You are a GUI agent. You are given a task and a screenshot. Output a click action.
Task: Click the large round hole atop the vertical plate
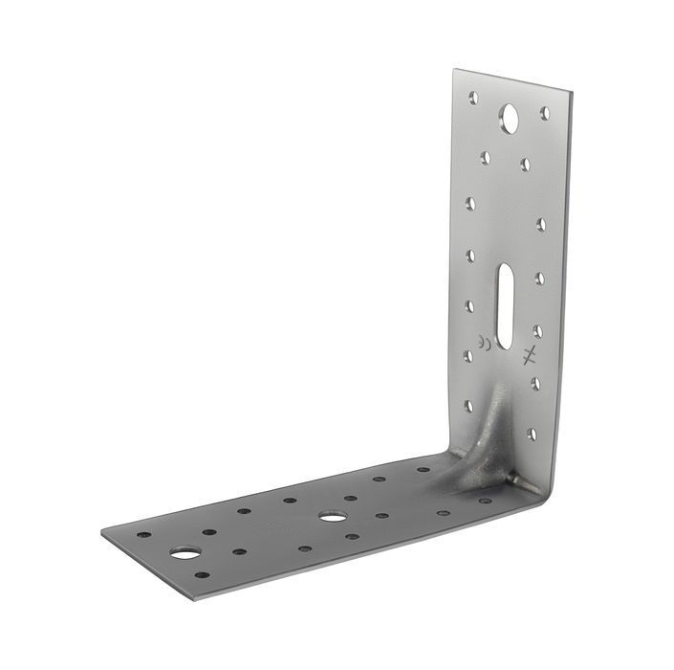click(x=510, y=119)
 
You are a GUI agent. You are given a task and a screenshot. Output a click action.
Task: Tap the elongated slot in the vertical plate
click(x=505, y=299)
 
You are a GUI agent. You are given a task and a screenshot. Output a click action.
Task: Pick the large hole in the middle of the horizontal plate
click(x=333, y=517)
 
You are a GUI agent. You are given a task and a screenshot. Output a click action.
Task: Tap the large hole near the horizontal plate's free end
click(x=185, y=552)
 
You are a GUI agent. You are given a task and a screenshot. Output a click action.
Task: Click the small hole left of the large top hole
click(x=472, y=97)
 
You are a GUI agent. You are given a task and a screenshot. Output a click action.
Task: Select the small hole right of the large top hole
click(x=545, y=113)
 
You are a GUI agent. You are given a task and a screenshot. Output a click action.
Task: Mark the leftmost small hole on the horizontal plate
click(x=143, y=534)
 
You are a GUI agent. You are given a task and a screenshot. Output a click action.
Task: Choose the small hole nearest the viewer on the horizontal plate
click(x=202, y=575)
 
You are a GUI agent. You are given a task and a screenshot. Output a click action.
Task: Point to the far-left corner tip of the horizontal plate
click(x=101, y=528)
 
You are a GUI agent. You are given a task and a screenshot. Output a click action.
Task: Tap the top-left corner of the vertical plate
click(x=455, y=69)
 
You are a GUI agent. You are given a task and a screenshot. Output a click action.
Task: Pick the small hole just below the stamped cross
click(x=534, y=383)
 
